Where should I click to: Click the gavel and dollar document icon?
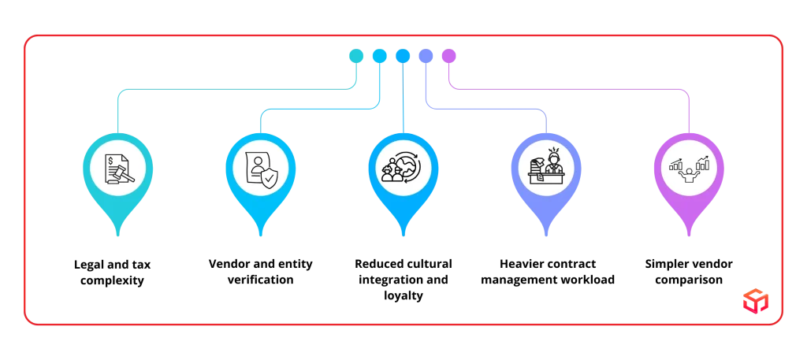(118, 168)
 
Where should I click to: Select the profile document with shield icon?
(261, 168)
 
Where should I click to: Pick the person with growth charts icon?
(688, 168)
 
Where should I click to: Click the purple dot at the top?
(449, 55)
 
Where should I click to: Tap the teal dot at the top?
(355, 55)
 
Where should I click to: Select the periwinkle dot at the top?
(426, 55)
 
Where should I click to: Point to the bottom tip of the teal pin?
(118, 235)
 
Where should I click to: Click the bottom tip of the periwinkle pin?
(545, 235)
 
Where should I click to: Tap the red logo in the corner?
(754, 300)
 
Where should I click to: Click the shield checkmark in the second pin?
(270, 178)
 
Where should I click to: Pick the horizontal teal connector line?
(236, 93)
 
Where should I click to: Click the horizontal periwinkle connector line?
(485, 109)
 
